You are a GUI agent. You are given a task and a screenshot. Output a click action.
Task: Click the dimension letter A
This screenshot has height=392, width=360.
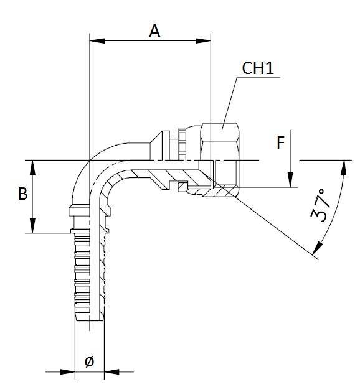[x=154, y=30]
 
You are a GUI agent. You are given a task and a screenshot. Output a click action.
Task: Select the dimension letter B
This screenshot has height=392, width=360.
[x=22, y=194]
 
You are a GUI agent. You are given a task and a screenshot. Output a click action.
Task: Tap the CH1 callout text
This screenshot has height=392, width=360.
[x=258, y=68]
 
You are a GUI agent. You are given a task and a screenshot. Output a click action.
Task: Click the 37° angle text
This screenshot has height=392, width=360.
[x=321, y=205]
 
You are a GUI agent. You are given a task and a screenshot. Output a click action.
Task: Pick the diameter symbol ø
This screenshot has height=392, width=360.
[x=88, y=360]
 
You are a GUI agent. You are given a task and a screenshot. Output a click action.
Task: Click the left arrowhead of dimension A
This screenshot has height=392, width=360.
[x=95, y=42]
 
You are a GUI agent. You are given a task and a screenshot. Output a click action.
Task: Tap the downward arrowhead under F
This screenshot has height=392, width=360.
[x=290, y=181]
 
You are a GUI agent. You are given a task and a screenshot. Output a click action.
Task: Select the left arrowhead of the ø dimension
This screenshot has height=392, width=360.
[x=70, y=373]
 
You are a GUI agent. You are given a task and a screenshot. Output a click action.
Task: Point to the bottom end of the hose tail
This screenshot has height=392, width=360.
[x=89, y=320]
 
